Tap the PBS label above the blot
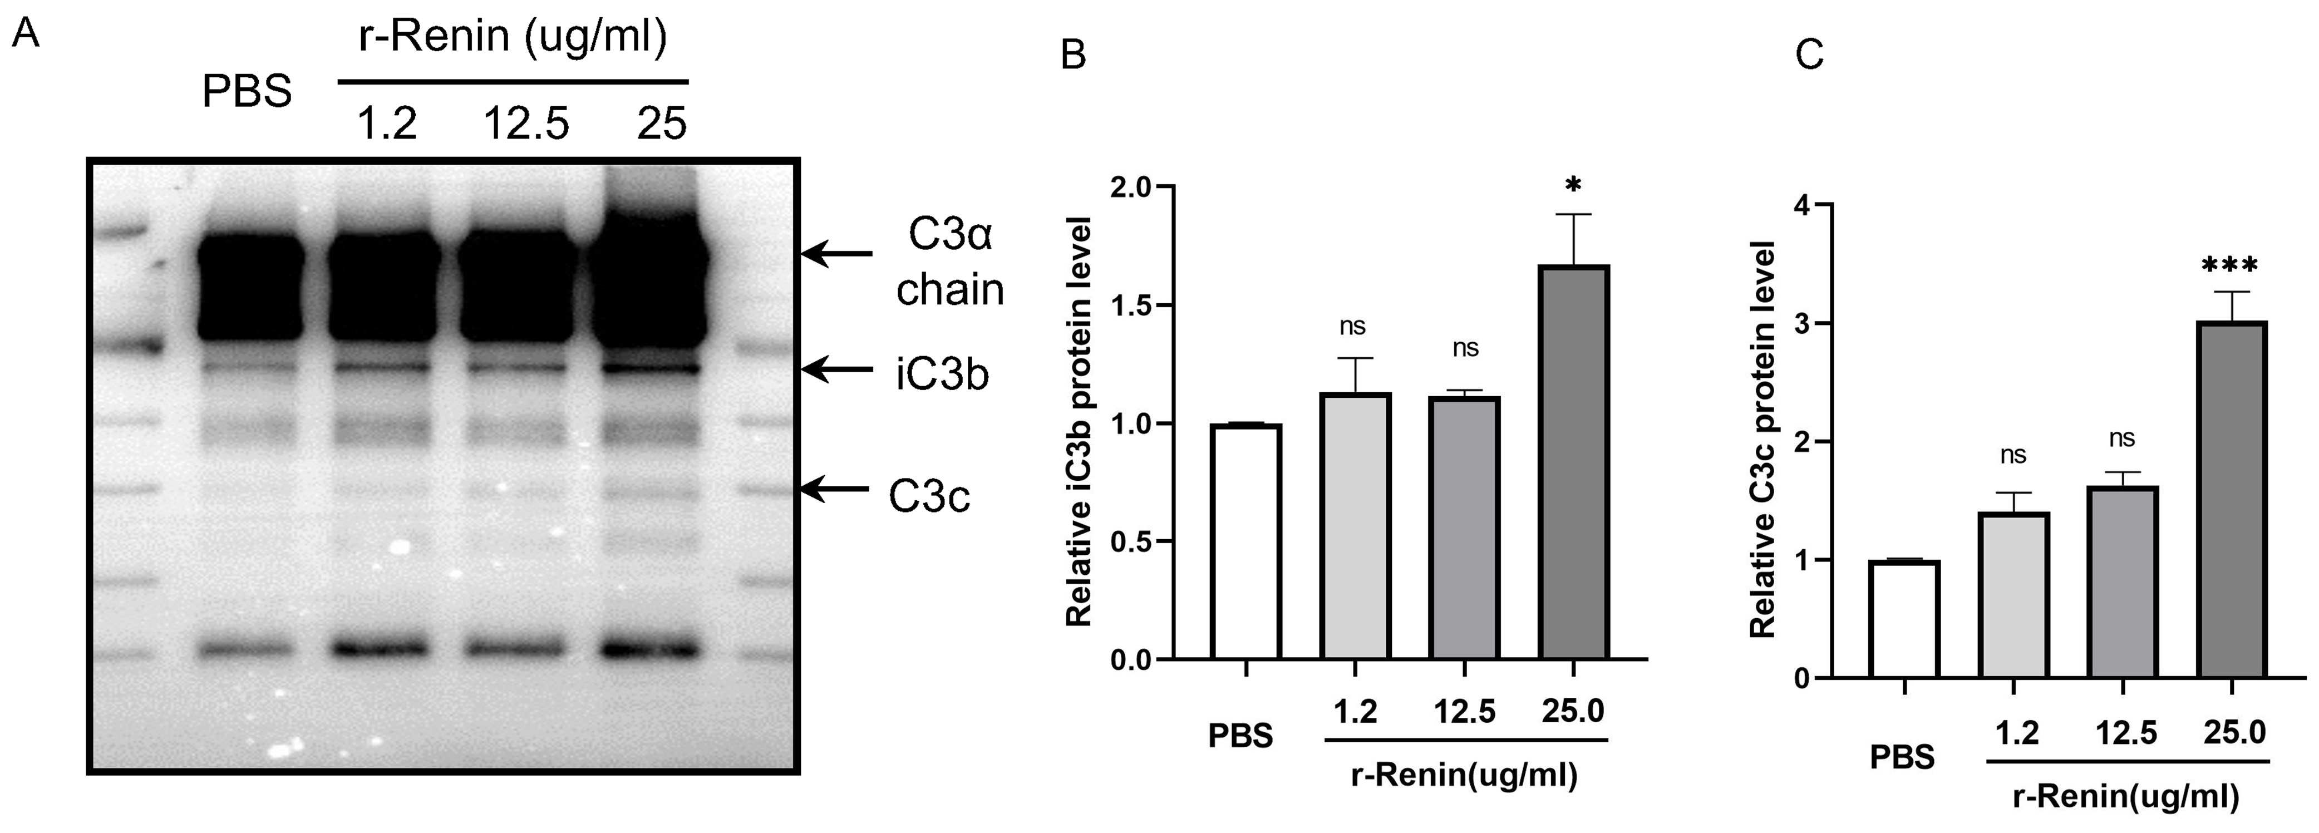(247, 92)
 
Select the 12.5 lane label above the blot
(526, 124)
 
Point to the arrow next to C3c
(835, 490)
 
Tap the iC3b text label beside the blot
(942, 374)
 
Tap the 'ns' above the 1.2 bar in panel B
(1352, 326)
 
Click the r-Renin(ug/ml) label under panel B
(1465, 775)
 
